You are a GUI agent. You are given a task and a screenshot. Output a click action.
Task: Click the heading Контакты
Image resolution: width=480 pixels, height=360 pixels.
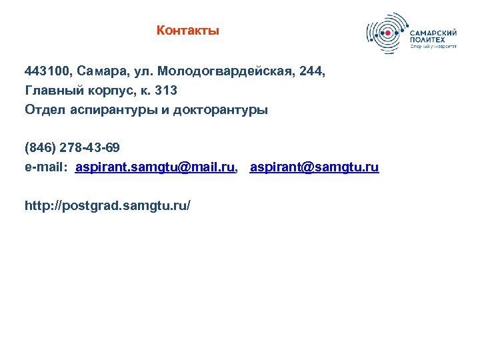tap(187, 31)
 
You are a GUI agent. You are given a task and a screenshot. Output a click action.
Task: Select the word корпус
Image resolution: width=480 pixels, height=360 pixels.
tap(103, 89)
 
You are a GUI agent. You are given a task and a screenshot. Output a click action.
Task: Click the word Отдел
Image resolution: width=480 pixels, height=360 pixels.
tap(43, 110)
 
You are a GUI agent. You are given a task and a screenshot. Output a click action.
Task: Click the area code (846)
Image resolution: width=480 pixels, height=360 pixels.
tap(39, 147)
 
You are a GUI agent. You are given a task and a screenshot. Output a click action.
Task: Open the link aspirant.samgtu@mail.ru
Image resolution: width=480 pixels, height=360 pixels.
tap(155, 167)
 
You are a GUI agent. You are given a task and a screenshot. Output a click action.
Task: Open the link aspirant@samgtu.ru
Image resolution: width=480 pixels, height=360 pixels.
tap(314, 167)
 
